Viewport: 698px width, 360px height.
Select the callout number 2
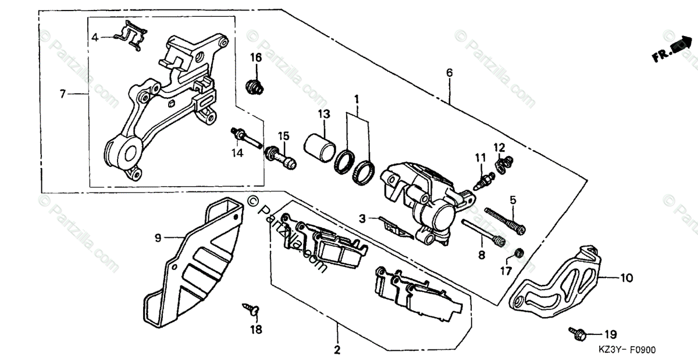tap(337, 350)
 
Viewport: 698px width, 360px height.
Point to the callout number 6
tap(449, 73)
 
